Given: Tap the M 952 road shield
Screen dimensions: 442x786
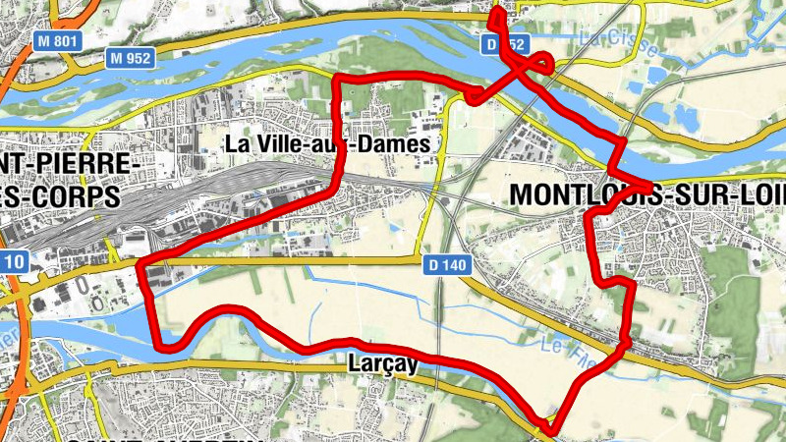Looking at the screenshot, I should [x=131, y=58].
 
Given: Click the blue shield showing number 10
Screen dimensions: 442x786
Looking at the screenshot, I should [x=12, y=262].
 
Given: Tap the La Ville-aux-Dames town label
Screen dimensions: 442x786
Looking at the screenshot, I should [x=327, y=144].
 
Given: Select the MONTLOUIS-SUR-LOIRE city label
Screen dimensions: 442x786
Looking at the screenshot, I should [x=647, y=195].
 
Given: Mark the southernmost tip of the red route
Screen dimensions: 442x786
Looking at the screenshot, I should [x=551, y=430].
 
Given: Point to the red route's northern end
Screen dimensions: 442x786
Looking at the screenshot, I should [x=494, y=10].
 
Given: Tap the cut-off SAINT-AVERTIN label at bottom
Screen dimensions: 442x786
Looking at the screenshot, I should [x=167, y=437].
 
